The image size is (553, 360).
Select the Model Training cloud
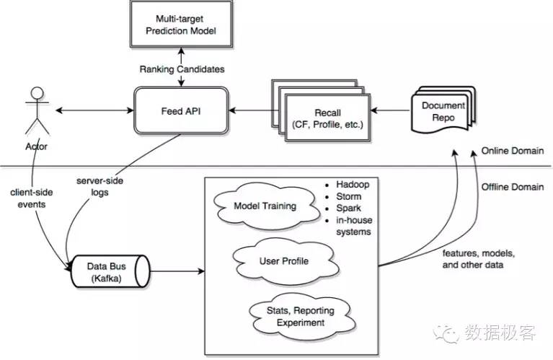click(x=265, y=206)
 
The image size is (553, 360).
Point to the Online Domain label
click(x=513, y=151)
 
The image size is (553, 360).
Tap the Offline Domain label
click(x=513, y=187)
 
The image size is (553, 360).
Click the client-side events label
click(x=29, y=198)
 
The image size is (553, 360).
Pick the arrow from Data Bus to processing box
click(x=177, y=272)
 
